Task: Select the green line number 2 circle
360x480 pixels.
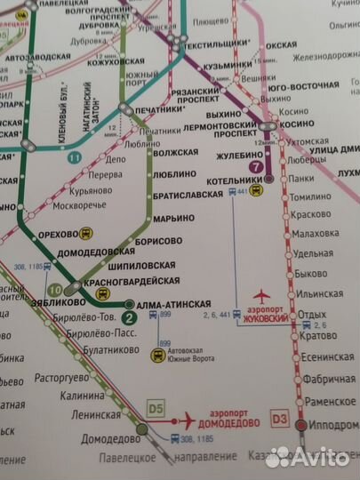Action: pos(129,318)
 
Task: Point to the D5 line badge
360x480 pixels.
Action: pos(156,409)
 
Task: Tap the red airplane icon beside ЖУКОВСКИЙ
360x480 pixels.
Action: pos(260,295)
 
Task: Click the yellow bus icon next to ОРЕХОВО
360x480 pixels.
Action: pos(85,233)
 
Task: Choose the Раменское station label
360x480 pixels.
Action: pos(324,402)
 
